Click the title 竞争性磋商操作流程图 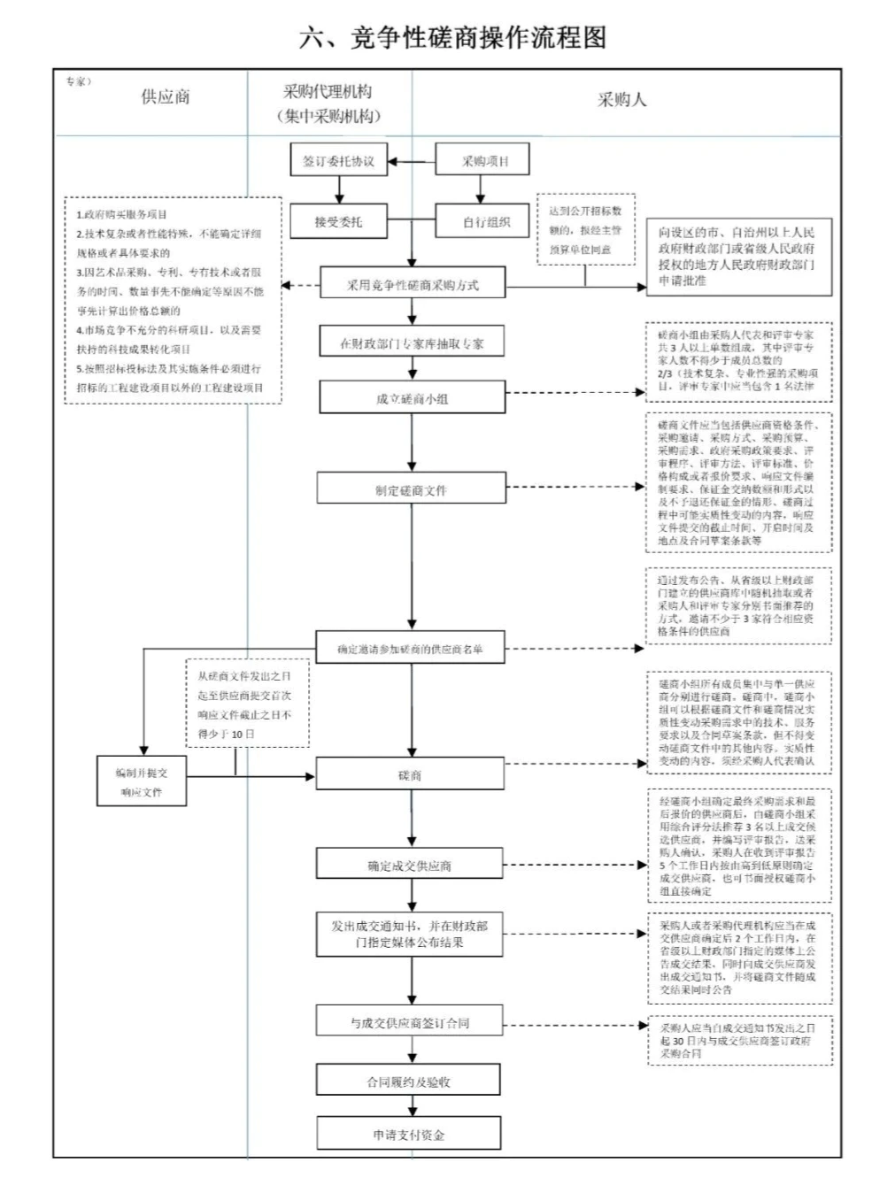(x=453, y=37)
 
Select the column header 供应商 (x=166, y=96)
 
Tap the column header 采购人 (x=621, y=99)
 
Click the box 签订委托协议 (x=338, y=161)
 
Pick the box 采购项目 (x=483, y=161)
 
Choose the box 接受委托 (x=338, y=221)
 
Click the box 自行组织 (x=486, y=221)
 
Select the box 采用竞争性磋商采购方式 (x=412, y=284)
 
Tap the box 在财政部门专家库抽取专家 (x=412, y=343)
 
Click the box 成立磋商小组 (x=412, y=398)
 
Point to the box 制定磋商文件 (x=411, y=489)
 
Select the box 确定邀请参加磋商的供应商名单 (x=411, y=649)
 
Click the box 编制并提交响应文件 (x=142, y=781)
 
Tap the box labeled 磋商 (x=410, y=775)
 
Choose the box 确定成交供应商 (x=410, y=866)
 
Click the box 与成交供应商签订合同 (x=410, y=1022)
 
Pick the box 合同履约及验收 (x=409, y=1081)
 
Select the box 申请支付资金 (x=409, y=1135)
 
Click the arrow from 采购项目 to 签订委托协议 (x=412, y=162)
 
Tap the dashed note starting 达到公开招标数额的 (x=585, y=230)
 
